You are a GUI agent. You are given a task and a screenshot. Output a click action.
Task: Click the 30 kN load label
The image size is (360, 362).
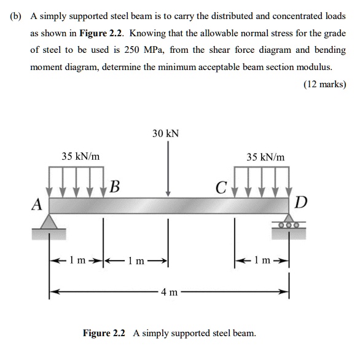pyautogui.click(x=166, y=133)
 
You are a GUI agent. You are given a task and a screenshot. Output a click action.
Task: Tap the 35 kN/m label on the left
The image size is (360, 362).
pyautogui.click(x=81, y=157)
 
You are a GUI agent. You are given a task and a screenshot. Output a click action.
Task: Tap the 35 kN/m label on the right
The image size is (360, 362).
pyautogui.click(x=265, y=157)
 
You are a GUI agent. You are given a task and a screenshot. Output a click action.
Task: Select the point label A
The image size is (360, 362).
pyautogui.click(x=37, y=203)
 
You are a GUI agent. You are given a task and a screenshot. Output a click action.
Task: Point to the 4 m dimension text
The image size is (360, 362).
pyautogui.click(x=168, y=291)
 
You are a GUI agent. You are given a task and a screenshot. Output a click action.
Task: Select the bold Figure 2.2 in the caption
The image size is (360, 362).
pyautogui.click(x=104, y=333)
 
